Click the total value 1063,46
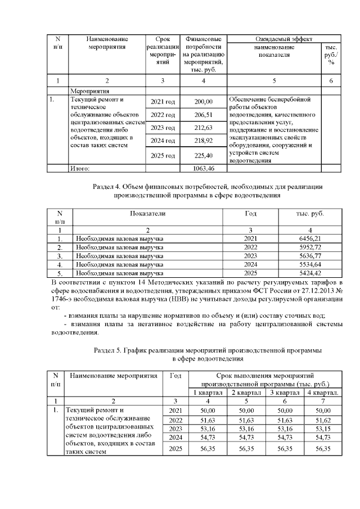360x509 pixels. pyautogui.click(x=203, y=168)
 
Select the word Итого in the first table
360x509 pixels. pyautogui.click(x=79, y=168)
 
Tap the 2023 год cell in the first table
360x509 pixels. pyautogui.click(x=163, y=128)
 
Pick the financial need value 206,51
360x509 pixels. pyautogui.click(x=203, y=115)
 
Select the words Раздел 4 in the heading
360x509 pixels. pyautogui.click(x=107, y=187)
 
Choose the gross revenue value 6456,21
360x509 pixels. pyautogui.click(x=311, y=238)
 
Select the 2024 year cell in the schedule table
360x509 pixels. pyautogui.click(x=175, y=438)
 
